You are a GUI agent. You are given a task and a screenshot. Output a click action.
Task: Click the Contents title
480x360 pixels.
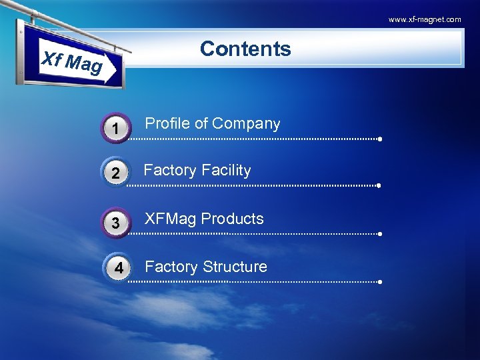245,49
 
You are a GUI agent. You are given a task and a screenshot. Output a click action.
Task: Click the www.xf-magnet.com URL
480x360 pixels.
425,19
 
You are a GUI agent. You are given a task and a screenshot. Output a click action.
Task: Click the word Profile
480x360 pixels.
167,123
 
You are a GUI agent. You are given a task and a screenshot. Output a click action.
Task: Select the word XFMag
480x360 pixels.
170,219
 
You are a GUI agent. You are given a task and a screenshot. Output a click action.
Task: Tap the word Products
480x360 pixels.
233,219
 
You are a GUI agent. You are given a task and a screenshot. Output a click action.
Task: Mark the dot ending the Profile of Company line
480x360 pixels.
379,140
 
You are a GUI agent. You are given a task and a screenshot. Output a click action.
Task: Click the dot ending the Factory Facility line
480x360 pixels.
379,186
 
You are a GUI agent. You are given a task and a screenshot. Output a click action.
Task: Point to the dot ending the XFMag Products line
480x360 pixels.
379,235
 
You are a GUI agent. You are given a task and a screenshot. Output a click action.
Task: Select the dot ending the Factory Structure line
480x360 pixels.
379,282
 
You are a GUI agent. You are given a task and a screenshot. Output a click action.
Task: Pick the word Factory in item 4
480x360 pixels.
171,267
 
